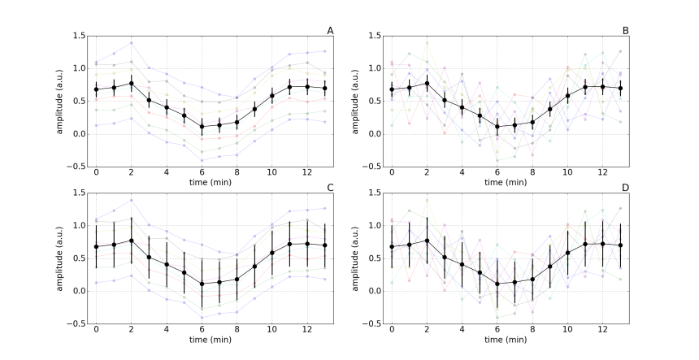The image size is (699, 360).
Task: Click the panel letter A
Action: (330, 31)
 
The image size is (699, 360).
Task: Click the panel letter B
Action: (626, 31)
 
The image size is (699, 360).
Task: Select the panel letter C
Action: (330, 188)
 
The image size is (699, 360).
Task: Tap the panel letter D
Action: (626, 188)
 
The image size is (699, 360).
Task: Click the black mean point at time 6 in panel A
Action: (202, 127)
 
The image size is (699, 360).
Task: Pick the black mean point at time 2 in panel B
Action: (428, 83)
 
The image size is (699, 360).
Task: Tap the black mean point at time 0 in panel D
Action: (392, 246)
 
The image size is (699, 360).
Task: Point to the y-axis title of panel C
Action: (59, 258)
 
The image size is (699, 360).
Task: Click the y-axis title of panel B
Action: (354, 102)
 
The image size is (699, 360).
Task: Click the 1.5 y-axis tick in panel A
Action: (79, 36)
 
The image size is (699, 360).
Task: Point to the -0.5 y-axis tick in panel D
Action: (374, 323)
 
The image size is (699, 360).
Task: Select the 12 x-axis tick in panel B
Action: (602, 172)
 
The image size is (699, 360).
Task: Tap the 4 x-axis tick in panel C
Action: (167, 330)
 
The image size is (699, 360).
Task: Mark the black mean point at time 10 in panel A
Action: (272, 96)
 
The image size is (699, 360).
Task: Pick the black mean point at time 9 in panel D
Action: (550, 267)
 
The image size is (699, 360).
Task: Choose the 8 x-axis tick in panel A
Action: (237, 172)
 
